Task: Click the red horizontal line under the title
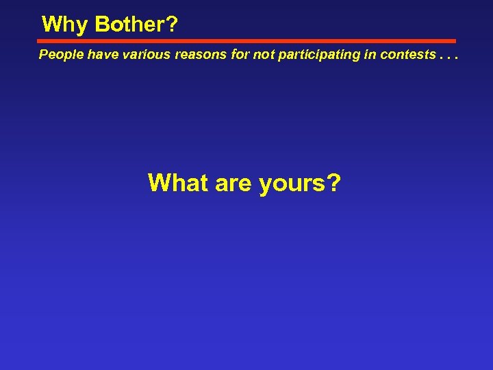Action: coord(246,41)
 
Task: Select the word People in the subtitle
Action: coord(59,54)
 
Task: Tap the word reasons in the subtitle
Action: coord(199,54)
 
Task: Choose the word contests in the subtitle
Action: coord(403,54)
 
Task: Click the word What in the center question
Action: coord(177,183)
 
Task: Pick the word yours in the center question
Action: coord(293,183)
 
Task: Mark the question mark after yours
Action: coord(334,183)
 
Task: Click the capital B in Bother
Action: coord(103,25)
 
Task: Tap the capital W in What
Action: coord(160,183)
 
